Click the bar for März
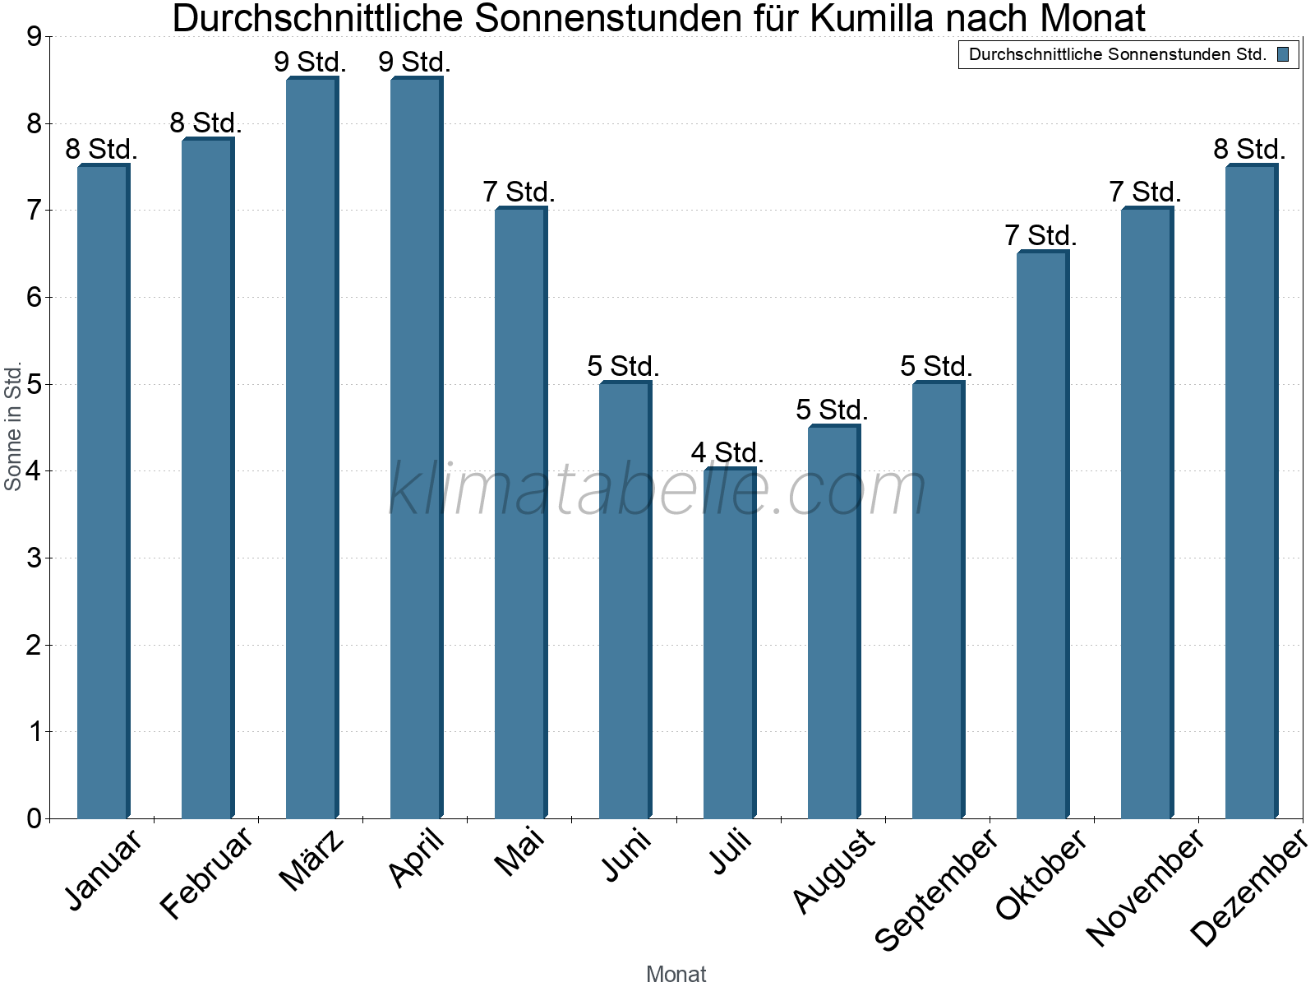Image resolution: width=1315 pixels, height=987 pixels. (x=311, y=448)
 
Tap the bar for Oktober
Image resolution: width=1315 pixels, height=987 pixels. (x=1042, y=535)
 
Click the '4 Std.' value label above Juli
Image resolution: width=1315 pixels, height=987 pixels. (x=727, y=452)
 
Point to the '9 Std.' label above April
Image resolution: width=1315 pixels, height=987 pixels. (x=414, y=62)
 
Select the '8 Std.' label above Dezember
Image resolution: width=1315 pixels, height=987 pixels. (x=1249, y=149)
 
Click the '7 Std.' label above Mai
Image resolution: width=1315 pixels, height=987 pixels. (x=519, y=192)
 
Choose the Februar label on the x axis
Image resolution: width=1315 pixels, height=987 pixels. (x=207, y=873)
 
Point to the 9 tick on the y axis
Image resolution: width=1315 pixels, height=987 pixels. (x=34, y=37)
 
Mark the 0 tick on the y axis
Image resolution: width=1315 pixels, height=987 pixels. (x=34, y=818)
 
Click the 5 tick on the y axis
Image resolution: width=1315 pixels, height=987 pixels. (x=34, y=384)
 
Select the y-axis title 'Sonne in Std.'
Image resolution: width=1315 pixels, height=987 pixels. (x=13, y=427)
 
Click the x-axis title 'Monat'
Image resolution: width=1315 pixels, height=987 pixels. (x=676, y=974)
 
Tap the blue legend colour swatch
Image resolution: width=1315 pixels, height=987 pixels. (x=1283, y=55)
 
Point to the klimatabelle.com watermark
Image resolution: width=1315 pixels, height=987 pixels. (x=657, y=489)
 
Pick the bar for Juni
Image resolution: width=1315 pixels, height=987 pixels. (x=625, y=600)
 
